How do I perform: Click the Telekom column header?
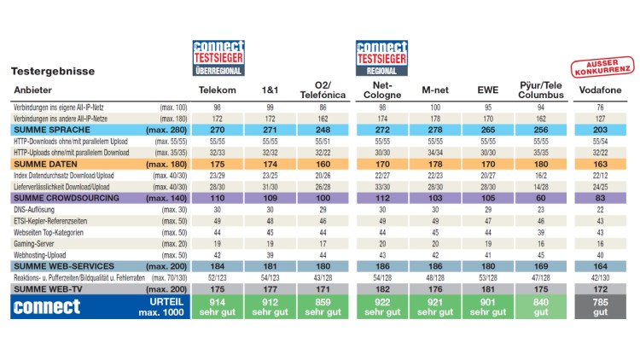[217, 90]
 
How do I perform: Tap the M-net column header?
[435, 90]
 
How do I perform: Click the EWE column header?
[488, 90]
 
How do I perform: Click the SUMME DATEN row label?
[43, 162]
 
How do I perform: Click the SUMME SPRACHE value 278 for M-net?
[435, 129]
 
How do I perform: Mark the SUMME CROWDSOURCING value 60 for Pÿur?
[539, 196]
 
